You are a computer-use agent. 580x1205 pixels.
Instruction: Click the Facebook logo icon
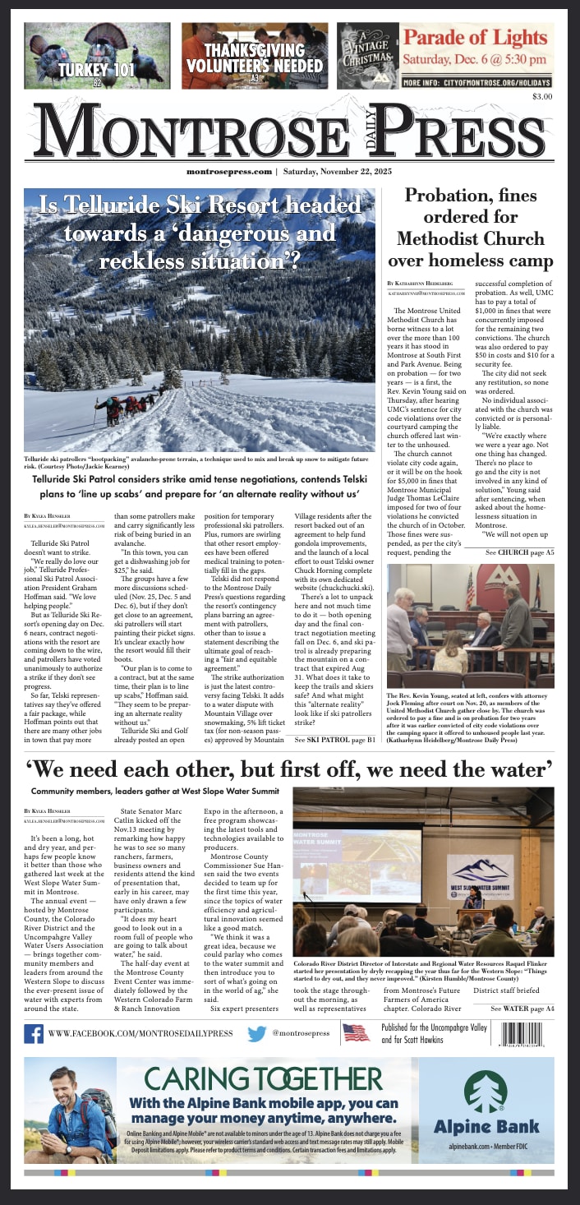(34, 1032)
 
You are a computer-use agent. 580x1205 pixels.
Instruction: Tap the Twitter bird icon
(257, 1032)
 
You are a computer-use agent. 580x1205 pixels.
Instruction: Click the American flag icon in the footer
(356, 1032)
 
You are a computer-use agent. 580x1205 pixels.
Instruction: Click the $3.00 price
(541, 97)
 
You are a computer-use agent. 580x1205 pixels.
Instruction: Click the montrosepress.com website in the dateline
(228, 172)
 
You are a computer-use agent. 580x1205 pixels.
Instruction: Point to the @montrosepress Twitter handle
(301, 1033)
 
